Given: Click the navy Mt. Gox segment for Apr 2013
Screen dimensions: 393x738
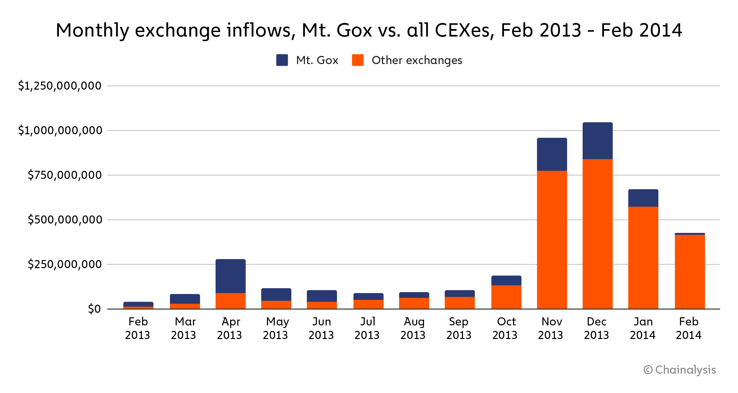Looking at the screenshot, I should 230,276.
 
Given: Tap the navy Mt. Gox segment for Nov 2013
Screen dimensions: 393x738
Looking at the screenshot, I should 552,154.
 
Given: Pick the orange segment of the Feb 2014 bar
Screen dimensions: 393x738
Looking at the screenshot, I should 690,271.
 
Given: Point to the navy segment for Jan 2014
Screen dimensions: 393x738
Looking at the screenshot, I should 643,198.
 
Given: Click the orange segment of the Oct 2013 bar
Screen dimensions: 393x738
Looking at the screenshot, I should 506,297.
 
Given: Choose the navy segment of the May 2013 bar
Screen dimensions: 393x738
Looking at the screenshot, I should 276,294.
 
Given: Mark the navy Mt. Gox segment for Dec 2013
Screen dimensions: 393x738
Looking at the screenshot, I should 598,141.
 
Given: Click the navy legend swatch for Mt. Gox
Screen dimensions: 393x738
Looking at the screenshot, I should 282,60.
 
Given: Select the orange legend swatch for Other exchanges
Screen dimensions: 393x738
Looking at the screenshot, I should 358,60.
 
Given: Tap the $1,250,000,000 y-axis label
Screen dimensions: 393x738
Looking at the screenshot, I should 60,86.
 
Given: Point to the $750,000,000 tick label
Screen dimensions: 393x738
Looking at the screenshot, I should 65,175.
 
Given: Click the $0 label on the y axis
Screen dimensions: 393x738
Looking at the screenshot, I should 94,309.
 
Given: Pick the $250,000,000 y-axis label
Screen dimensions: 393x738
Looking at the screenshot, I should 65,264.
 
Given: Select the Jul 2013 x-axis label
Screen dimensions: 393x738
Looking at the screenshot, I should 367,328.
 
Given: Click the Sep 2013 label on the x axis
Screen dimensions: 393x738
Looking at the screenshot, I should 459,328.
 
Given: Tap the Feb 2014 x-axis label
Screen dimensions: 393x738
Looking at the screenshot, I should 688,328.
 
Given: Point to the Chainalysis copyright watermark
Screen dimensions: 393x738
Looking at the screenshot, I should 680,370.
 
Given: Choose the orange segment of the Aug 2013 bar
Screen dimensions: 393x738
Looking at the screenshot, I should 414,303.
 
